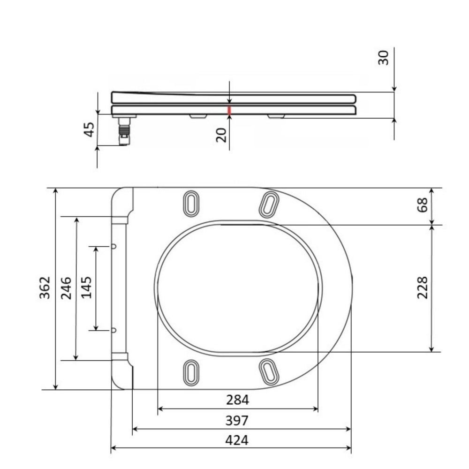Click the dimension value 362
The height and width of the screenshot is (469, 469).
point(45,288)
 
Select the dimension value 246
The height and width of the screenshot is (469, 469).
point(66,288)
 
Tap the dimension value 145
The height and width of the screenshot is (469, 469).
point(86,288)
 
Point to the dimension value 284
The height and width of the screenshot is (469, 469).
point(237,400)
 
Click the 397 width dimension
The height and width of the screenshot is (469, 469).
point(236,421)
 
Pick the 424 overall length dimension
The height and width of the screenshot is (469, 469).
point(236,440)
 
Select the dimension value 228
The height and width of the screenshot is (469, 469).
point(423,288)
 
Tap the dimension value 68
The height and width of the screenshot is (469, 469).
point(423,205)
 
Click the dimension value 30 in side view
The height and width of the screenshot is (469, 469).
point(384,58)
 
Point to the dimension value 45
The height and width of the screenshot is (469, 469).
point(89,129)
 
